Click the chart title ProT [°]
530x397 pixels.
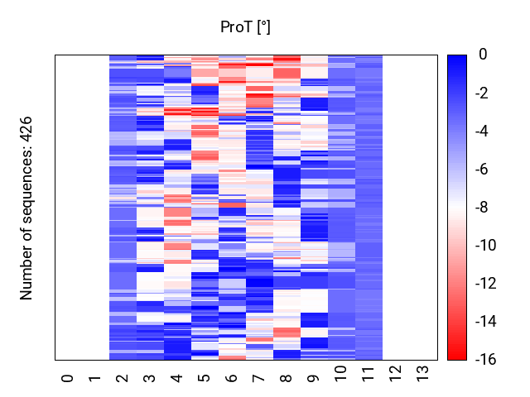(x=245, y=27)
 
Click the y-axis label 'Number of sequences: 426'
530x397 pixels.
(x=26, y=207)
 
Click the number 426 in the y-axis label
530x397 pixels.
(x=26, y=130)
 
